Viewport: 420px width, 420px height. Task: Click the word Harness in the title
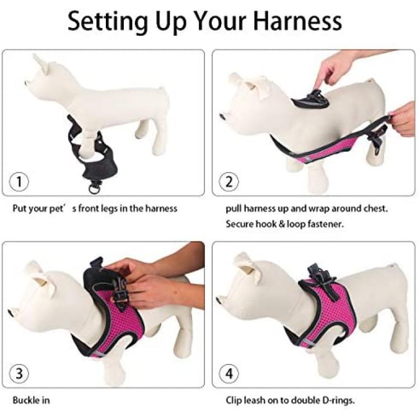coord(297,21)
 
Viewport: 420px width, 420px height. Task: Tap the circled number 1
coord(19,182)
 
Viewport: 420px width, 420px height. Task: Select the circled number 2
coord(229,182)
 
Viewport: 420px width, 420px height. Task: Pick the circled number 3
coord(19,374)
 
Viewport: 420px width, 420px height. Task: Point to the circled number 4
coord(229,374)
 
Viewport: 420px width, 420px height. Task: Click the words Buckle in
coord(31,400)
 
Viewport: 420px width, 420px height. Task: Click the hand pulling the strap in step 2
coord(402,119)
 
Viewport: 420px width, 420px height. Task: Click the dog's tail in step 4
coord(393,267)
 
